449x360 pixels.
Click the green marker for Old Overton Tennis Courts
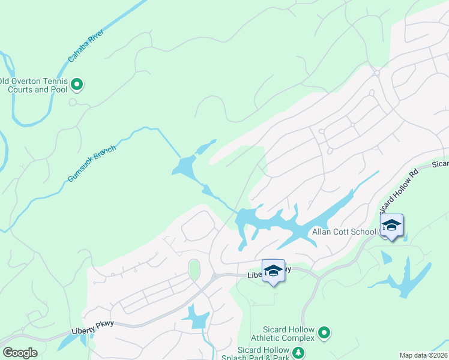pos(77,85)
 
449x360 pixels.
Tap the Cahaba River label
pos(86,46)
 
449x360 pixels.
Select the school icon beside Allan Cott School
pos(391,225)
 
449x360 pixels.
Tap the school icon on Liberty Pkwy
pos(273,270)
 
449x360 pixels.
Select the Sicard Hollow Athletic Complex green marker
pos(324,332)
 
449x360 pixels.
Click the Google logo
pos(20,353)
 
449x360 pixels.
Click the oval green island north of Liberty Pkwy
pos(193,270)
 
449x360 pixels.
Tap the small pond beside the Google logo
pos(67,342)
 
